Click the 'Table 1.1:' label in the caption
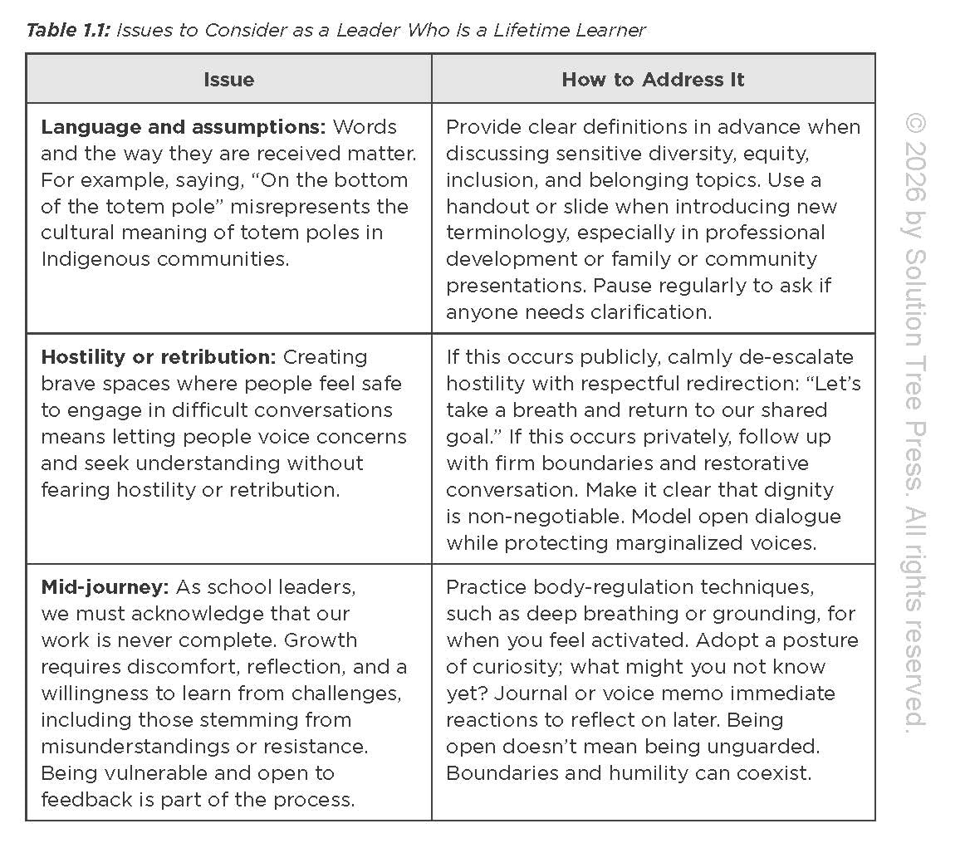pyautogui.click(x=67, y=31)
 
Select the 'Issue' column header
pyautogui.click(x=228, y=80)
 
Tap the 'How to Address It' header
pyautogui.click(x=653, y=80)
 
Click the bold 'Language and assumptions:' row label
pyautogui.click(x=184, y=127)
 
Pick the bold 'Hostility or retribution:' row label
pyautogui.click(x=158, y=357)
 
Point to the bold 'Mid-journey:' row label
pyautogui.click(x=105, y=587)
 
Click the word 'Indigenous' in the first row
pyautogui.click(x=96, y=259)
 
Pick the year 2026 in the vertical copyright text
pyautogui.click(x=915, y=166)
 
